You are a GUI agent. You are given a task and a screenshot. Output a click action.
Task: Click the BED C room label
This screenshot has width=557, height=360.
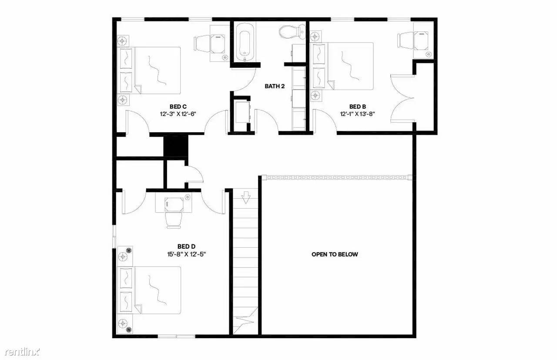click(x=178, y=107)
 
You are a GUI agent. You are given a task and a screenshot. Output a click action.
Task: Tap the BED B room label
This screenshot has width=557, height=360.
click(x=358, y=107)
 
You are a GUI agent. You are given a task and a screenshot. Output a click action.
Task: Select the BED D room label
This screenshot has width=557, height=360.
click(x=186, y=247)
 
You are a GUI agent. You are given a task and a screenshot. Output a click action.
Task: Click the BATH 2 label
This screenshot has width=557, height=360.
click(x=275, y=86)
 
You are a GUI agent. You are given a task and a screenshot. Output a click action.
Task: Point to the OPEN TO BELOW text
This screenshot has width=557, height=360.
click(x=335, y=254)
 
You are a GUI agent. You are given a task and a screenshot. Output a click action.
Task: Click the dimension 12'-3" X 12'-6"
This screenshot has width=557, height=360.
click(x=178, y=114)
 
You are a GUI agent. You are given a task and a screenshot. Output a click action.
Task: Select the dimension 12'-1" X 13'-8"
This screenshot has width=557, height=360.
click(x=358, y=114)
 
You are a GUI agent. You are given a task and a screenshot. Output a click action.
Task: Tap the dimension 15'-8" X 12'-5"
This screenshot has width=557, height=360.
click(x=187, y=254)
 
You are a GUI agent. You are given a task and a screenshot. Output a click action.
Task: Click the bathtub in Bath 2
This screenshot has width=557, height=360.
click(x=245, y=42)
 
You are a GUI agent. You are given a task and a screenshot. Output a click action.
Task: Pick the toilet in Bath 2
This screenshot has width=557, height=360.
click(x=292, y=32)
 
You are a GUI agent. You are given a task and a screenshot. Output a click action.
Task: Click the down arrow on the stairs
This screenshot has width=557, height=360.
click(x=246, y=197)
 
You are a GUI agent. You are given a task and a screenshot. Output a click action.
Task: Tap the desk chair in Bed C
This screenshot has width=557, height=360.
click(x=202, y=44)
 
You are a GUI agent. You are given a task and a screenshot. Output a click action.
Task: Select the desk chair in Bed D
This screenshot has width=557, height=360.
click(x=173, y=220)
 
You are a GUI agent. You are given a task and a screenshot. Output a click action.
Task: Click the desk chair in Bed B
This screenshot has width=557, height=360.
click(x=406, y=40)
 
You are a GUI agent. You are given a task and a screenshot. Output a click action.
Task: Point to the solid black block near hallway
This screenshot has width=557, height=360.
click(x=176, y=146)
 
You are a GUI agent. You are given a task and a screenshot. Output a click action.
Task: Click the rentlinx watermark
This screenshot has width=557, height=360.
click(x=22, y=352)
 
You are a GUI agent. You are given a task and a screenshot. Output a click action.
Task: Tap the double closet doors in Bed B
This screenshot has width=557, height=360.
click(x=403, y=98)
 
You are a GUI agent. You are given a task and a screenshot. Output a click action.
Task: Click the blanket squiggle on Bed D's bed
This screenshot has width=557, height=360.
click(x=157, y=290)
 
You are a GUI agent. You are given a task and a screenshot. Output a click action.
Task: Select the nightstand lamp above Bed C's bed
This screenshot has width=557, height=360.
click(x=123, y=40)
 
